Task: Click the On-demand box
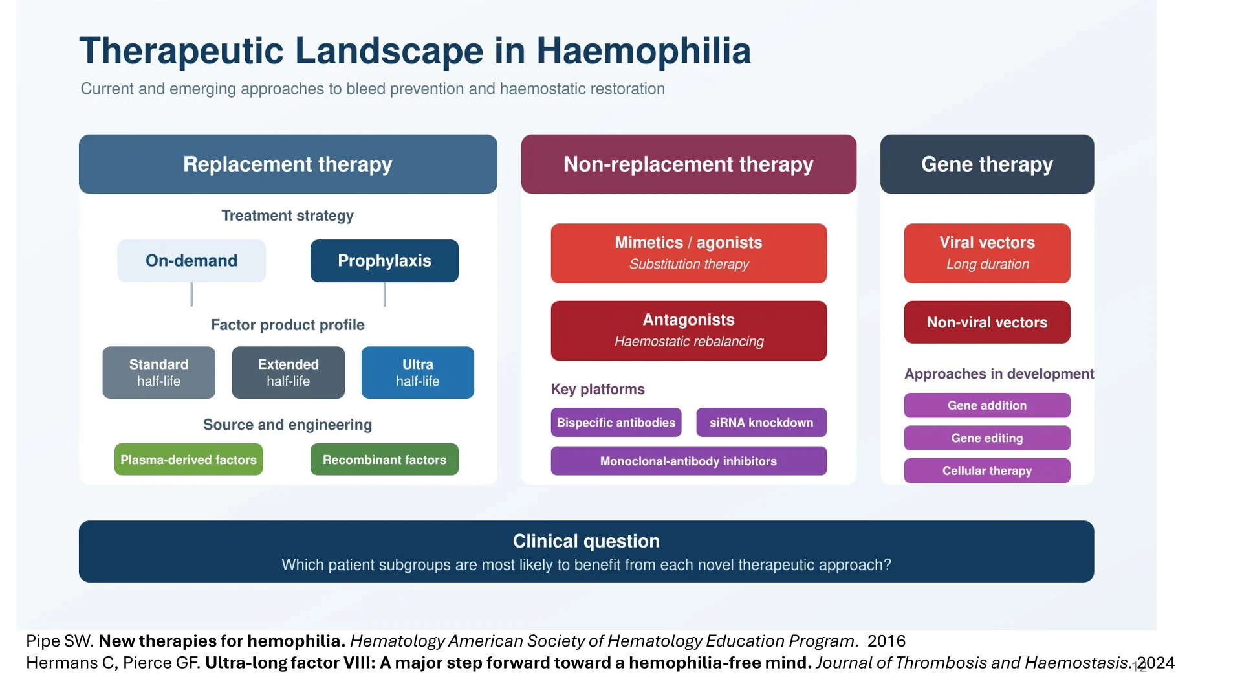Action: pos(191,261)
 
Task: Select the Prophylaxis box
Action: pos(384,261)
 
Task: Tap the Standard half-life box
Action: pos(159,372)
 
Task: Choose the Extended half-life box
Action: pos(289,372)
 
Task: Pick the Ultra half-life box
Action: pos(418,372)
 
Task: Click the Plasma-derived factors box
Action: pos(189,460)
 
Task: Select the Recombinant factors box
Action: pos(384,460)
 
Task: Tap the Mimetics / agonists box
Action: pos(689,253)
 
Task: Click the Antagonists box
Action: pos(689,331)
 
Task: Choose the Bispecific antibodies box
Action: pos(616,423)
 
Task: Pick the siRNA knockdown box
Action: pos(761,423)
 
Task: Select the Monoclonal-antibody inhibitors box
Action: pos(689,461)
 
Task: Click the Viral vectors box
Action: pos(987,253)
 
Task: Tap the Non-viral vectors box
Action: pos(987,322)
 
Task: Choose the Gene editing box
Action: pos(987,438)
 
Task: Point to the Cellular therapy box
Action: pos(987,471)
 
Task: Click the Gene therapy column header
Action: pos(987,164)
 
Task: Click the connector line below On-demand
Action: pos(191,294)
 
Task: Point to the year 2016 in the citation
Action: pos(886,641)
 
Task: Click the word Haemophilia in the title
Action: pos(644,50)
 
